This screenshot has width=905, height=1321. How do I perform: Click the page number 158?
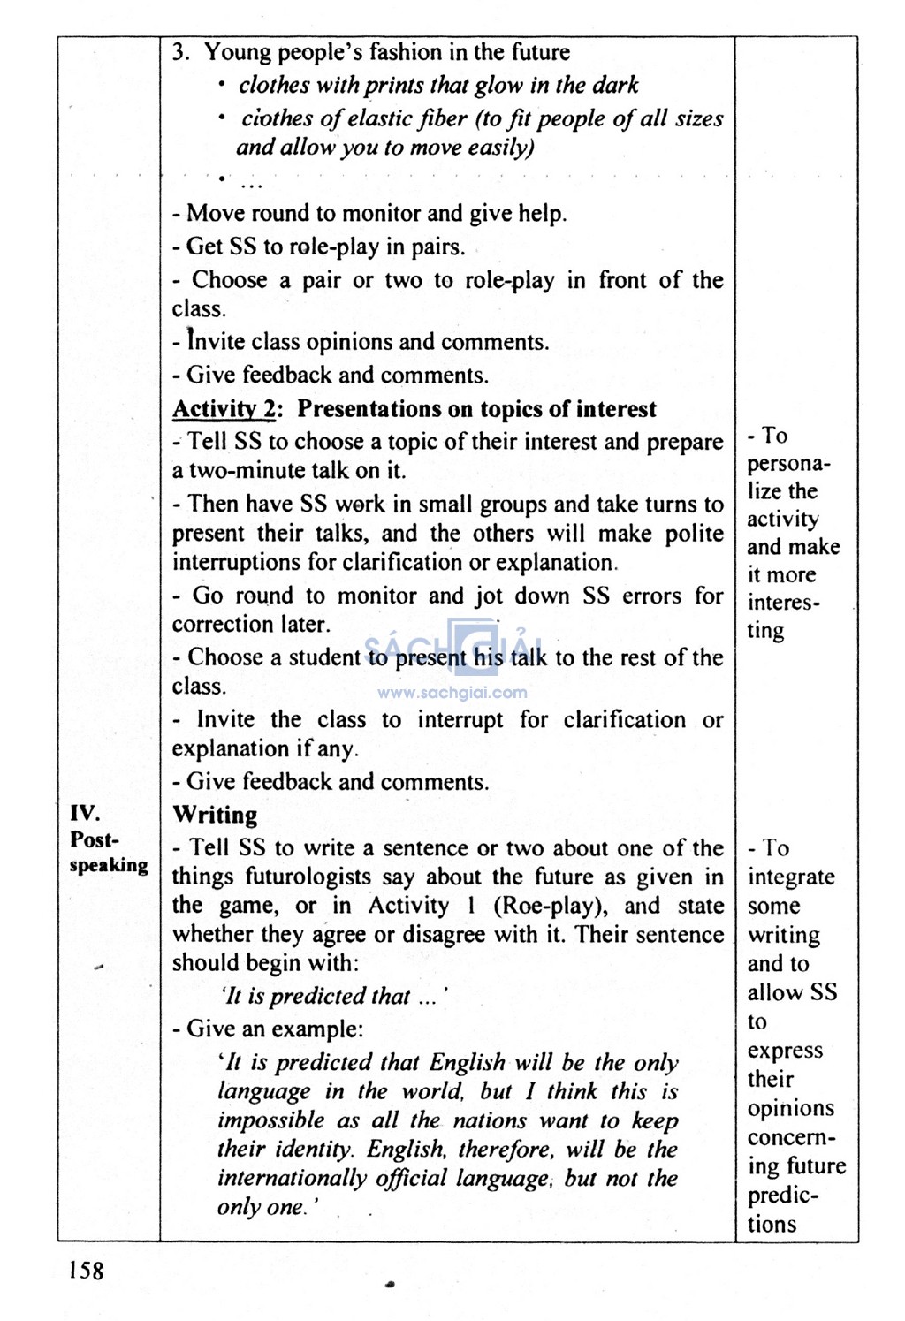86,1271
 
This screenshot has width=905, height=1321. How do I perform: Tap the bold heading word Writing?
215,815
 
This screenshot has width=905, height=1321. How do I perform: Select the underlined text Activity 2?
224,409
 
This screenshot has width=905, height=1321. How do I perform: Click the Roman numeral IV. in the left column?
85,812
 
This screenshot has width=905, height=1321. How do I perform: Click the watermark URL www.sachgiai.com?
452,693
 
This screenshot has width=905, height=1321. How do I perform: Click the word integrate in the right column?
791,877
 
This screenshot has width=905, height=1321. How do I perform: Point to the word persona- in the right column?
788,463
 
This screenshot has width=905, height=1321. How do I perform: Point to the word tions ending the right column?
772,1225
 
